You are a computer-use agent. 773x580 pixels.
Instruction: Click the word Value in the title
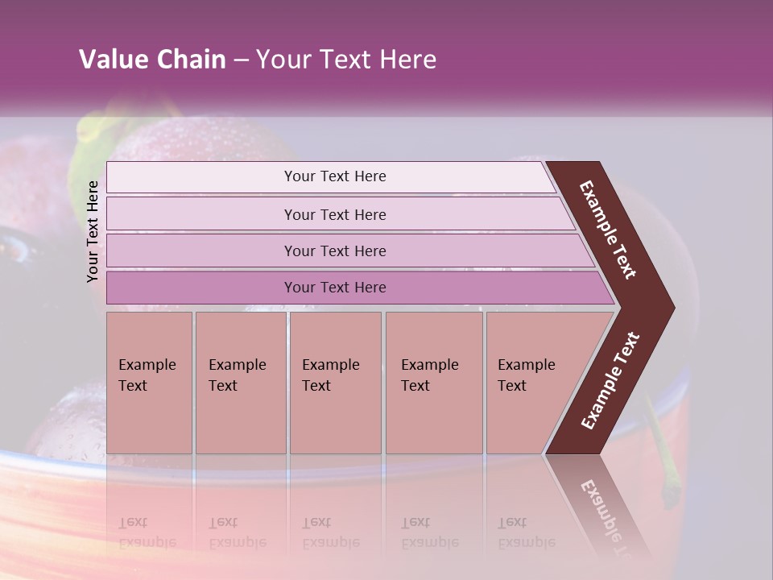tap(112, 60)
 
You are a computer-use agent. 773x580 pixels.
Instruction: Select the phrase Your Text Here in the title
tap(346, 60)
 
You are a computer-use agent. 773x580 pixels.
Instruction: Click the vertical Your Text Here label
tap(93, 231)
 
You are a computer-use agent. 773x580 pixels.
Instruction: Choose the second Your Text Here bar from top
tap(335, 214)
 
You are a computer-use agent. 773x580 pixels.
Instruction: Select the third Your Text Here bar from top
tap(335, 251)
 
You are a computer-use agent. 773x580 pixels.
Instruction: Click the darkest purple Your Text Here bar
tap(335, 288)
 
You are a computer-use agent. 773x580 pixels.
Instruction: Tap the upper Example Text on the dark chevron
tap(608, 230)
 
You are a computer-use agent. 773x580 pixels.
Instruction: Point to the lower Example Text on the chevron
tap(610, 381)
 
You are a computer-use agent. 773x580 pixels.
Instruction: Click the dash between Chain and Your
tap(241, 60)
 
